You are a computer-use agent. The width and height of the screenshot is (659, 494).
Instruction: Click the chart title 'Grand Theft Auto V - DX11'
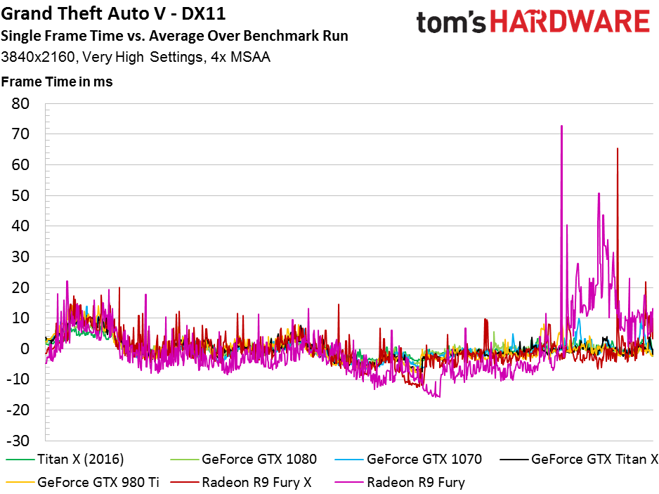coord(114,13)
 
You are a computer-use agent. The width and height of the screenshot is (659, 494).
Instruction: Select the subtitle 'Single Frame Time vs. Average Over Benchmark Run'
coord(174,36)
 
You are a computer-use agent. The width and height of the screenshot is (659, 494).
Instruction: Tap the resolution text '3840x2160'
coord(38,57)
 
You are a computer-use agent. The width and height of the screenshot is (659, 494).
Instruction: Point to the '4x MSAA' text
coord(240,57)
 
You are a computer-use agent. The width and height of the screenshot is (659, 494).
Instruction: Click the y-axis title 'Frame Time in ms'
coord(57,82)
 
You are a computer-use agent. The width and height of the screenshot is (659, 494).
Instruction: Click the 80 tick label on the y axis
coord(20,103)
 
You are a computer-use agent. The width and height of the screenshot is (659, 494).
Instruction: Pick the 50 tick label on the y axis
coord(20,195)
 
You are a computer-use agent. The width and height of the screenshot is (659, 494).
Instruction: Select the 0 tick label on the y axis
coord(25,349)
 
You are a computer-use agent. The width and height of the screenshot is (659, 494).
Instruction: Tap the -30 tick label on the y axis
coord(18,441)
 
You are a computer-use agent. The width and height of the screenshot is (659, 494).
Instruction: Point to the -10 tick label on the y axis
coord(18,379)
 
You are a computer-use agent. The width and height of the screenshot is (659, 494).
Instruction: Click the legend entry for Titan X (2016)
coord(65,459)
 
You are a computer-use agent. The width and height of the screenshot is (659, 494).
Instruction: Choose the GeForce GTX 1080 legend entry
coord(243,459)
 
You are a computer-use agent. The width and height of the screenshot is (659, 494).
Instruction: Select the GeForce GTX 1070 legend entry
coord(408,459)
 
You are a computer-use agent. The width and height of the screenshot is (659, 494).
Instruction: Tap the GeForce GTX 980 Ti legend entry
coord(83,482)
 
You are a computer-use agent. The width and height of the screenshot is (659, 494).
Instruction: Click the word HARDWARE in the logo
coord(570,22)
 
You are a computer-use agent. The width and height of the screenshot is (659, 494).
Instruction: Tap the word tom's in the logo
coord(451,22)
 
